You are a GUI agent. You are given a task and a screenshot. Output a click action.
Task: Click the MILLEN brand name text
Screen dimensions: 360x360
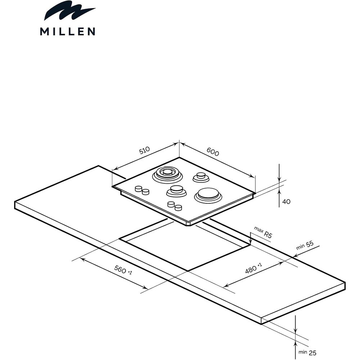[x=68, y=31]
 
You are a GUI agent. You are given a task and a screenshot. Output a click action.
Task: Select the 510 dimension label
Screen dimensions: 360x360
[x=144, y=150]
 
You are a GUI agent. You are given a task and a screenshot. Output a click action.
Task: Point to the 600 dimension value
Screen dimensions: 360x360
[x=213, y=152]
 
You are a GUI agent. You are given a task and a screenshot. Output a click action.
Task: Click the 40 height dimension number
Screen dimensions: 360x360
[x=286, y=202]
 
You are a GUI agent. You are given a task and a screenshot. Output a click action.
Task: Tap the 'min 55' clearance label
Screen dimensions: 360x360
[x=305, y=245]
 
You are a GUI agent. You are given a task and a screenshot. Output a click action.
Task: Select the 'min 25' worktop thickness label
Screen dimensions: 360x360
[x=307, y=352]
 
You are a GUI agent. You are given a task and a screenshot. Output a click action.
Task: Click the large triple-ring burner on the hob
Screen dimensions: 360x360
[x=167, y=175]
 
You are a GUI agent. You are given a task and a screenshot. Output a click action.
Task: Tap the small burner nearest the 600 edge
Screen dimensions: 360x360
[x=201, y=177]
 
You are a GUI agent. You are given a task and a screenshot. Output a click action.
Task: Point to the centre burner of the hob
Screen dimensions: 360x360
[x=176, y=191]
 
